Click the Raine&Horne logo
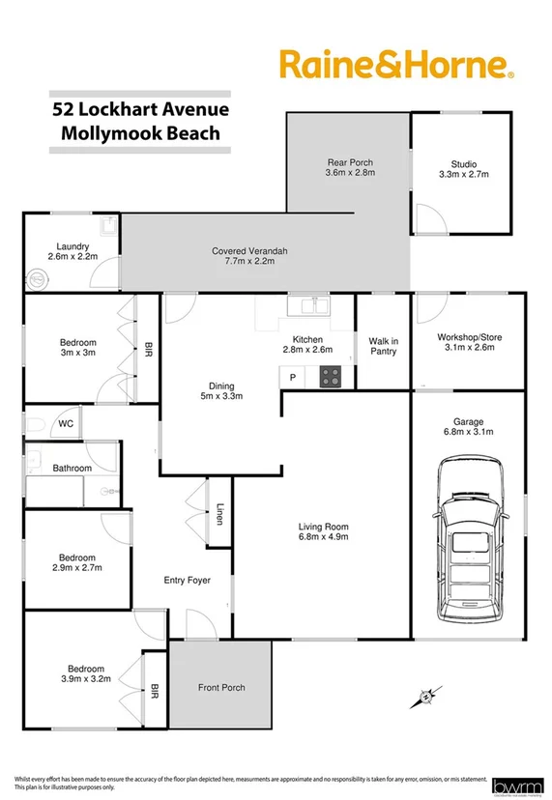[396, 66]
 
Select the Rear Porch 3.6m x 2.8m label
[349, 167]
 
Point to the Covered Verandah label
[249, 256]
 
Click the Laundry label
[73, 252]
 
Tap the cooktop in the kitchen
[332, 376]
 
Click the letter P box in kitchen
[292, 376]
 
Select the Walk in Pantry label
[384, 345]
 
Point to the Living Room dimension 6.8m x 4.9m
[323, 536]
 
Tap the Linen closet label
[219, 516]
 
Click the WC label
[66, 423]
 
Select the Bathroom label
[72, 469]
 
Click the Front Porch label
[221, 688]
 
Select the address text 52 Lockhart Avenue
[141, 110]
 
